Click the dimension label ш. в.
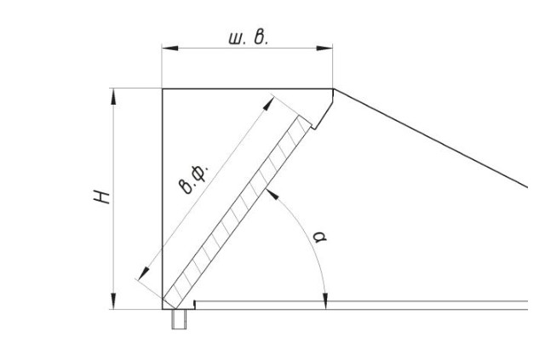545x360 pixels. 248,37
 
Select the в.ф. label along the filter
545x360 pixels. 195,180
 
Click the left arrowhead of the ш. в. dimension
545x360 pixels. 170,48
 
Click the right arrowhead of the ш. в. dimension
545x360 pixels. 324,48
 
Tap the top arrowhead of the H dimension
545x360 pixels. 113,97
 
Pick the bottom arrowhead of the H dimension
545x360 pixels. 113,300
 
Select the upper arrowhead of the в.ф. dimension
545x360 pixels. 269,104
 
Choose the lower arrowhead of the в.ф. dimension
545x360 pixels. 143,273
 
